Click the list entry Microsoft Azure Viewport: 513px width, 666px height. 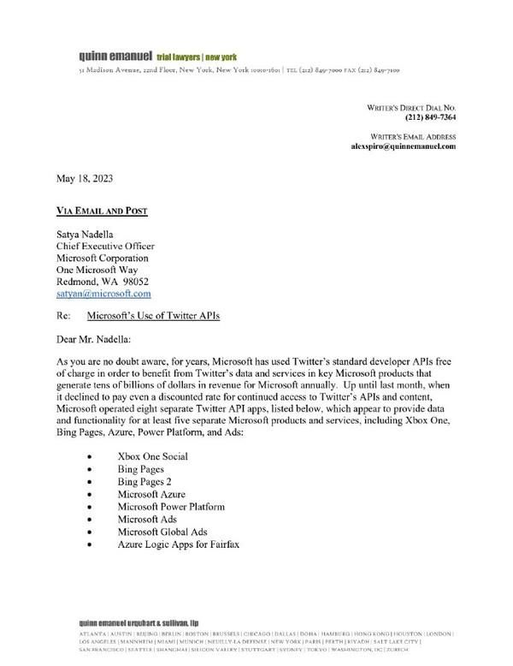tap(155, 494)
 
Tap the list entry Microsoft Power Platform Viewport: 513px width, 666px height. tap(172, 507)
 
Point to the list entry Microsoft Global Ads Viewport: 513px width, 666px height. tap(162, 532)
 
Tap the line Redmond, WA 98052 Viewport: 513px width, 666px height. tap(103, 281)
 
